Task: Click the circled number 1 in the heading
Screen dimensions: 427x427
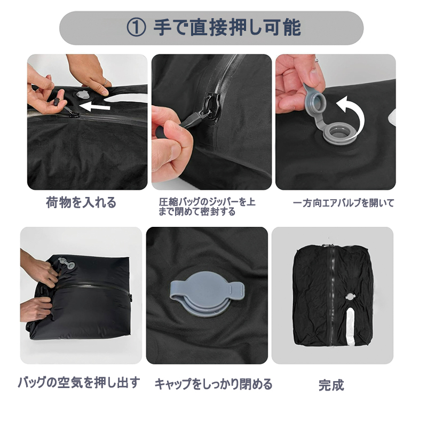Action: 136,28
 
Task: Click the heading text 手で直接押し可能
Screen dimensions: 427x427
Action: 227,28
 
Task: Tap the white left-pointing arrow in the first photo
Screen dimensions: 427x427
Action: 94,106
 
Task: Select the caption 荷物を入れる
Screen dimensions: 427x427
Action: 81,203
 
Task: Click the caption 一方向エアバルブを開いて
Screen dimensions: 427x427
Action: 343,203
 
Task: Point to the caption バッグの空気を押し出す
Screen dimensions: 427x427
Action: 79,383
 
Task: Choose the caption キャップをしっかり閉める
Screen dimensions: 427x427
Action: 213,384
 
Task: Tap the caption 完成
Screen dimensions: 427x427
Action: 331,385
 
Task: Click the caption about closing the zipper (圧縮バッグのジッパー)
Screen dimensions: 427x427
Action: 207,207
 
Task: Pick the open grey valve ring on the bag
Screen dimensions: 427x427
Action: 339,133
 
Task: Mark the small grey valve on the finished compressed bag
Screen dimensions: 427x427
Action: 350,297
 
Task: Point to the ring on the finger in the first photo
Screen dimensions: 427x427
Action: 105,83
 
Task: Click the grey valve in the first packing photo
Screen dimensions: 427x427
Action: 83,94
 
